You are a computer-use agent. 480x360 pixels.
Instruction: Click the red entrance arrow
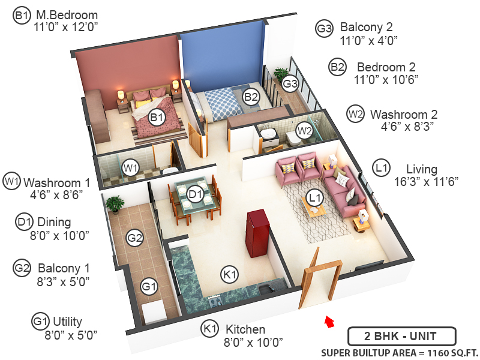[x=328, y=322]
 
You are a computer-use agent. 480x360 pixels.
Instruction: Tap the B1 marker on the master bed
[x=157, y=118]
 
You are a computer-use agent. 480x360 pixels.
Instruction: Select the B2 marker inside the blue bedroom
[x=251, y=96]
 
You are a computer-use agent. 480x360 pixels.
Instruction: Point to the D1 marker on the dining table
[x=194, y=194]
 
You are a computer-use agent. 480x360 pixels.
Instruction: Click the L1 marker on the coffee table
[x=314, y=197]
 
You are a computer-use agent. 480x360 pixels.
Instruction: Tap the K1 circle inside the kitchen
[x=229, y=275]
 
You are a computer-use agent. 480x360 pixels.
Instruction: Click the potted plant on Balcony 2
[x=280, y=75]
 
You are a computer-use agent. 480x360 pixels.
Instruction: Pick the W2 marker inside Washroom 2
[x=305, y=130]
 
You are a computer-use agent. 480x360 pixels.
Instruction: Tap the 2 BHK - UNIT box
[x=401, y=336]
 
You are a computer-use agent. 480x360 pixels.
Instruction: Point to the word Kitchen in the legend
[x=245, y=329]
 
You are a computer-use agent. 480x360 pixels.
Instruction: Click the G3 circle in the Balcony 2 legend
[x=325, y=28]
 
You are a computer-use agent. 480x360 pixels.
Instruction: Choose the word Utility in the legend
[x=67, y=322]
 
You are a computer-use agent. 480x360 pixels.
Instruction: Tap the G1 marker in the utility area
[x=149, y=287]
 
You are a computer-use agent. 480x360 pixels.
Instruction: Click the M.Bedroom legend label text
[x=66, y=15]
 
